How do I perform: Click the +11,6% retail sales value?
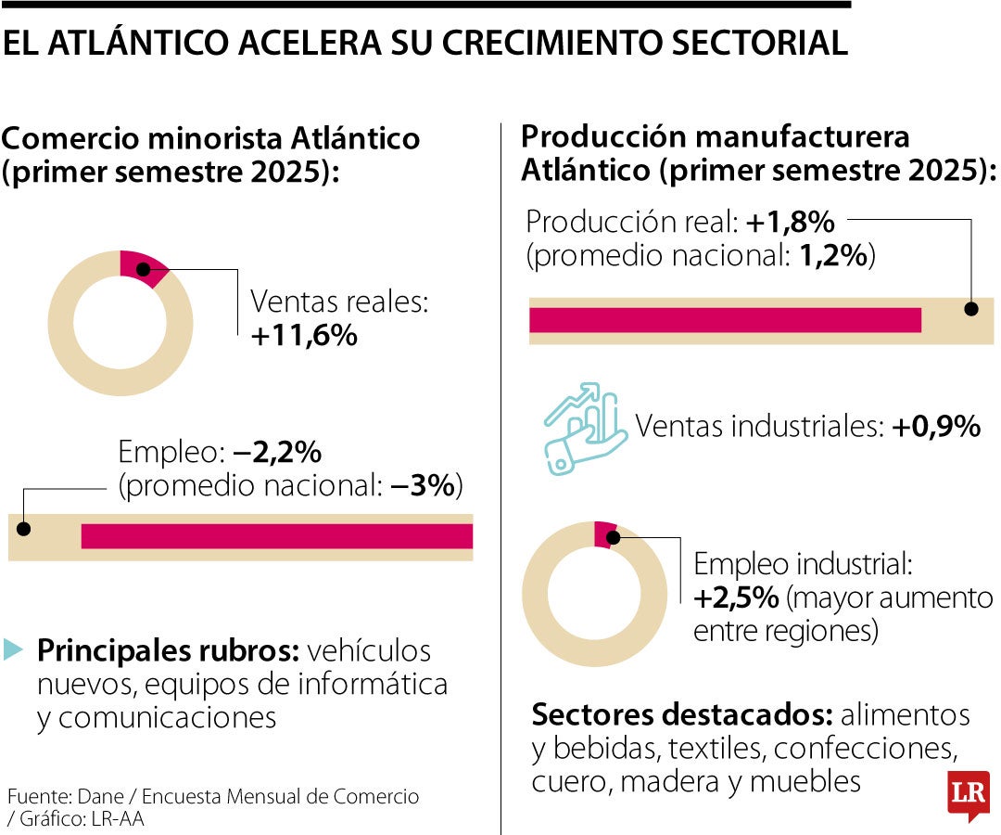pyautogui.click(x=304, y=336)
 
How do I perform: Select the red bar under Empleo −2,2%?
pyautogui.click(x=276, y=536)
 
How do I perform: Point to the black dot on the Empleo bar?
pyautogui.click(x=24, y=529)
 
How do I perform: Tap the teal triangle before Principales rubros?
pyautogui.click(x=13, y=649)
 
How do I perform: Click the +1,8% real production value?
pyautogui.click(x=791, y=223)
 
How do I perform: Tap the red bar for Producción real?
pyautogui.click(x=725, y=320)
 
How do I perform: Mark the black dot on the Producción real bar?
pyautogui.click(x=971, y=310)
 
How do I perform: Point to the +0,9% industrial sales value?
pyautogui.click(x=936, y=427)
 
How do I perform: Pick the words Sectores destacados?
pyautogui.click(x=681, y=715)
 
